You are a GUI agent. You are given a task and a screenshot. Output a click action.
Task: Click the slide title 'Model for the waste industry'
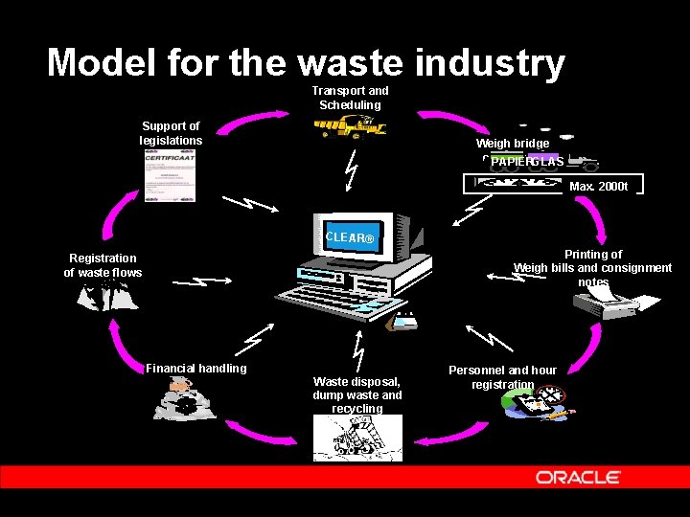click(x=306, y=62)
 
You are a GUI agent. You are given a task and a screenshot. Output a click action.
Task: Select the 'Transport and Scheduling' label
click(x=350, y=98)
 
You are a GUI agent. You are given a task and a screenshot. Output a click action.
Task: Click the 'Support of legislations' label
click(x=171, y=133)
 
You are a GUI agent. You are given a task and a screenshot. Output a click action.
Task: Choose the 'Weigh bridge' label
click(x=513, y=144)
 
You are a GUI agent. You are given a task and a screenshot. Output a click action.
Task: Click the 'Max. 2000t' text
click(x=598, y=186)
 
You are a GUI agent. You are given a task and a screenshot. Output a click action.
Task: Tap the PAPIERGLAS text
click(x=527, y=162)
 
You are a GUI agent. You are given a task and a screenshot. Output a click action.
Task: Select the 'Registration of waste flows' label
click(x=103, y=265)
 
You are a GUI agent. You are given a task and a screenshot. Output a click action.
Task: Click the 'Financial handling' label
click(x=195, y=369)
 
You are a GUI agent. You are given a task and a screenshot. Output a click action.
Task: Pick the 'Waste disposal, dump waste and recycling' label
click(x=357, y=394)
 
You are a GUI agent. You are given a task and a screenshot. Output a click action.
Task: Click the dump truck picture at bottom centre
click(x=357, y=440)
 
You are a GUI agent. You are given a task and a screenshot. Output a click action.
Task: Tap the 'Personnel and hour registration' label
click(x=502, y=377)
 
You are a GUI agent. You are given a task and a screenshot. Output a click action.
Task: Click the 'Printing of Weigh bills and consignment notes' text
click(x=592, y=268)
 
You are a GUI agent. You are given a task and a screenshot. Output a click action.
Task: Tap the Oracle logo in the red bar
click(x=578, y=477)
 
